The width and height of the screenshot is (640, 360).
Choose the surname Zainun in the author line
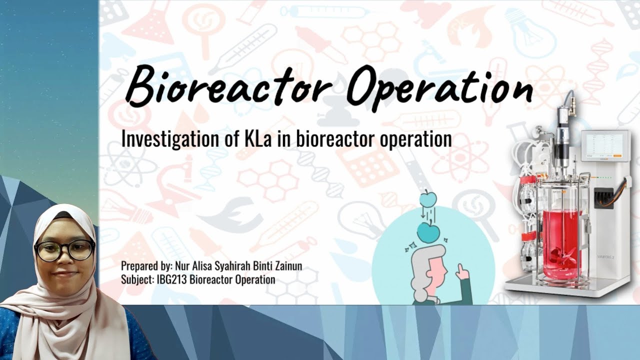tap(285, 266)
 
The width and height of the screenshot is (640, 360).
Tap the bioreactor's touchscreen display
tap(606, 146)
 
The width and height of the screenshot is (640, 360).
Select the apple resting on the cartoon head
tap(429, 231)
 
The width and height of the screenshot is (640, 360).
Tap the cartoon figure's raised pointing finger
tap(460, 270)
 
